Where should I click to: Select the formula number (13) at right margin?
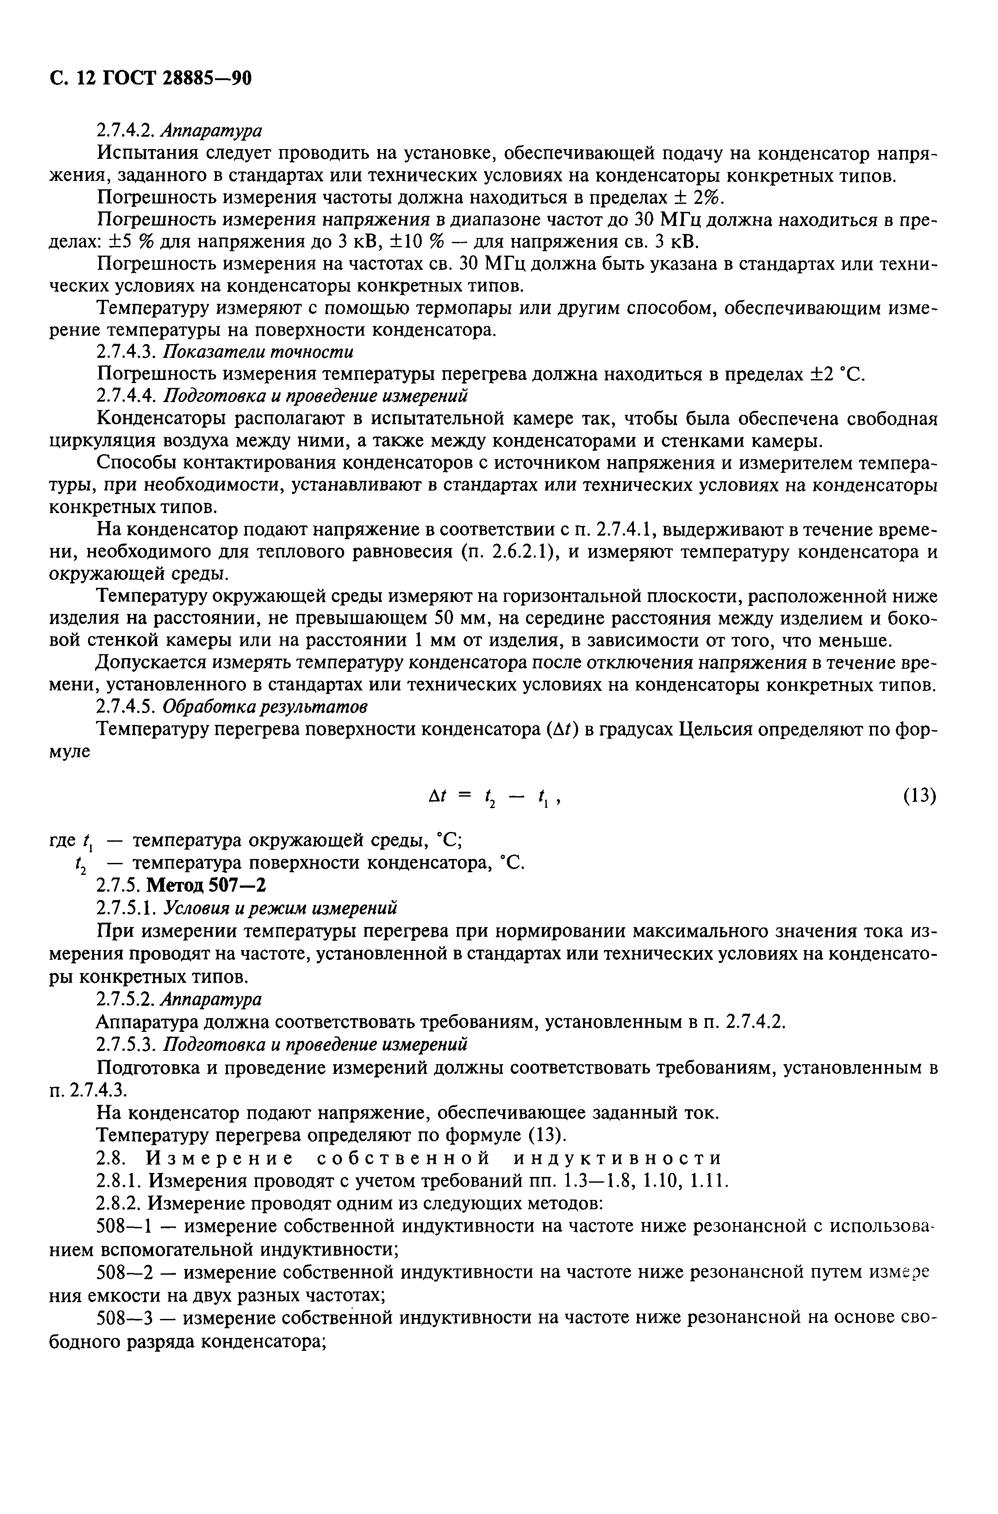tap(919, 796)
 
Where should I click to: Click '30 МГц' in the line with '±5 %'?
tap(669, 220)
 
